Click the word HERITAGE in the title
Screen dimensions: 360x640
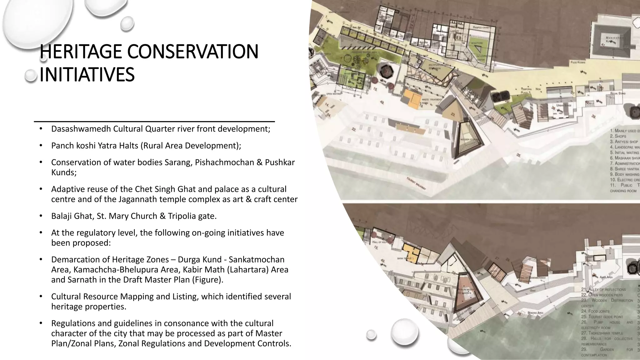(81, 52)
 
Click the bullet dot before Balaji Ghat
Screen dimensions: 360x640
(41, 216)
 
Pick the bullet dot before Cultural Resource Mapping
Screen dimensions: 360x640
(41, 296)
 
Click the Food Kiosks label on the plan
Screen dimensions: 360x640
(578, 62)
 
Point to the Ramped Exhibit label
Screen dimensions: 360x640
(482, 27)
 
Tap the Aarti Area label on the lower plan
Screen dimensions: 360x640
(604, 277)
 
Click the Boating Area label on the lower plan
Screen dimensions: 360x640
(535, 313)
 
